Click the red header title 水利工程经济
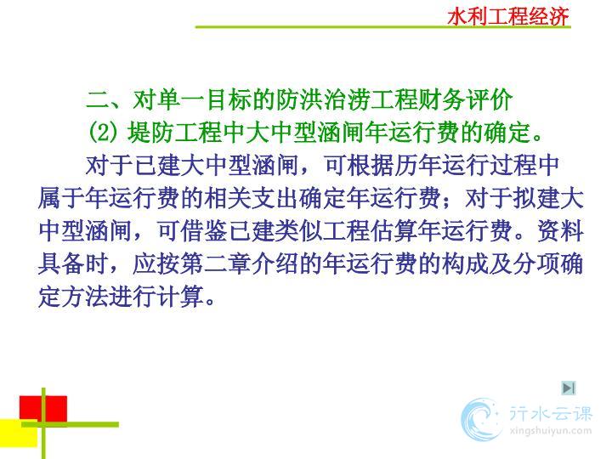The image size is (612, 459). (x=508, y=16)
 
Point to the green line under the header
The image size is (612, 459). (x=382, y=27)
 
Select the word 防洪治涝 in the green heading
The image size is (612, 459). (x=323, y=100)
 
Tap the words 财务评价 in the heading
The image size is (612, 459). (x=465, y=100)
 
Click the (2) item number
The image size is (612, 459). (x=103, y=132)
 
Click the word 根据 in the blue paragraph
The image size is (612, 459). (x=371, y=166)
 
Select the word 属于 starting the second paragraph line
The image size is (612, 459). (x=62, y=198)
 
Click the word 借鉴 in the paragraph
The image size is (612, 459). (x=204, y=231)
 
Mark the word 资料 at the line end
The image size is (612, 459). (x=560, y=231)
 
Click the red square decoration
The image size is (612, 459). (x=43, y=409)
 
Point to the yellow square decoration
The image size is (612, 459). (x=19, y=433)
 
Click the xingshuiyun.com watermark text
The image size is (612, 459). (x=550, y=431)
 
